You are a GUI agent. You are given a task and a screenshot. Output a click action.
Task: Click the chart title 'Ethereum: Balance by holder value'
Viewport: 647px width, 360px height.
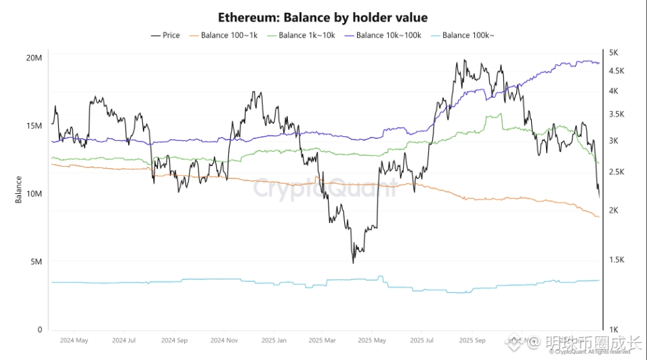click(322, 17)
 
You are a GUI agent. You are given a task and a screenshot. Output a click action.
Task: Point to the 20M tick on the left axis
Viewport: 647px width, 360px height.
click(35, 58)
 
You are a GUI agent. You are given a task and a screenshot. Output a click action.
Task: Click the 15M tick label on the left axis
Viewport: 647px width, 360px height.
click(35, 126)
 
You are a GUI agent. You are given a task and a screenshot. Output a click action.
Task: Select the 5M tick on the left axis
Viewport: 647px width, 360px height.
click(37, 262)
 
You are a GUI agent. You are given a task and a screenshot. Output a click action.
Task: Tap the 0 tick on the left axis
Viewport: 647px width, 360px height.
click(40, 330)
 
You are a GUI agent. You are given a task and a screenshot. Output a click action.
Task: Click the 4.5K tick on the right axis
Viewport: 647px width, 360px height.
click(617, 71)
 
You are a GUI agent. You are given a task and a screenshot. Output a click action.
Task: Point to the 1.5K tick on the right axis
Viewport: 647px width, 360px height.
click(617, 260)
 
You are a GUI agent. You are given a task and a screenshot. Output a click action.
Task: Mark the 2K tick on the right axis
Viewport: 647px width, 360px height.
click(614, 210)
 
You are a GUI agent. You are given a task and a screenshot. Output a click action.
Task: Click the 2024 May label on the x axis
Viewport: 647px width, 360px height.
click(74, 340)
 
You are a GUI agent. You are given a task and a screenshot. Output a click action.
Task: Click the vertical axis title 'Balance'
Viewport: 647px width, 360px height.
click(18, 189)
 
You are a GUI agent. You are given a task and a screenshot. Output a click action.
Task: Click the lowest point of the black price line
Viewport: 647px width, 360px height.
click(354, 262)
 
